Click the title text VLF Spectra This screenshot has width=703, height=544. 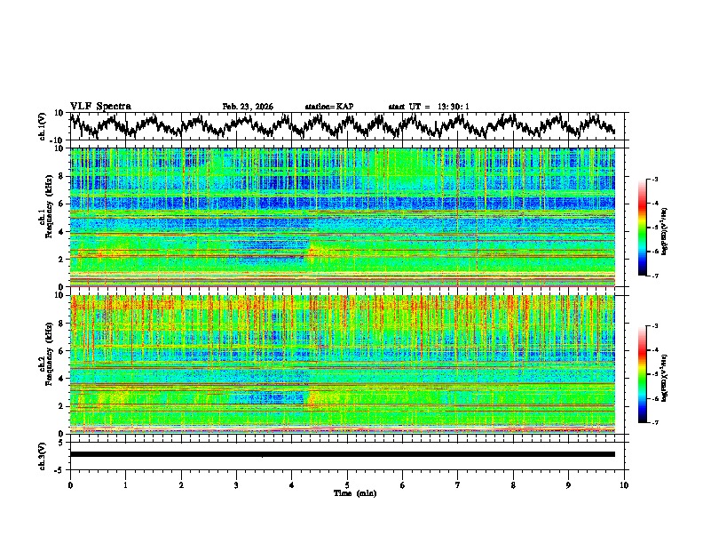(100, 107)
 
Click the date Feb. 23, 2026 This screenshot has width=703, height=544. (248, 107)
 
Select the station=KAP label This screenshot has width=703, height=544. (329, 107)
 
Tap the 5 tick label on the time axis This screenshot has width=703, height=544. (347, 484)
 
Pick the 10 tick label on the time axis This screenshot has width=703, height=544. (624, 484)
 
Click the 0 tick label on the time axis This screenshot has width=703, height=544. (70, 484)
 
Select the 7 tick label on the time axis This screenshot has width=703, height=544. (458, 484)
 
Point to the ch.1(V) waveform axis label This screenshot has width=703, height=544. (43, 126)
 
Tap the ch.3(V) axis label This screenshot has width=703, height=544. (43, 454)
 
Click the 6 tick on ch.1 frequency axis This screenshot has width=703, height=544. (62, 204)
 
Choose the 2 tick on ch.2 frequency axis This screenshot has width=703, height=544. (62, 406)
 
